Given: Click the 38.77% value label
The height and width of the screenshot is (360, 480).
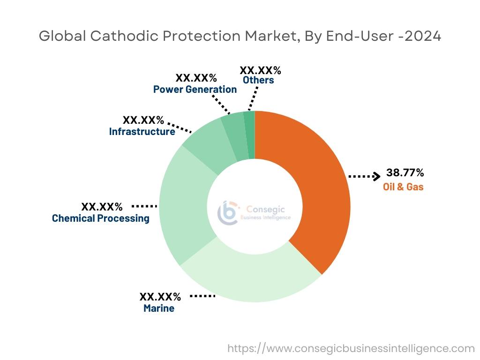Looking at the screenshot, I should click(405, 172).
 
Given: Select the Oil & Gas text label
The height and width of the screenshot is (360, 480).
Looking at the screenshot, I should click(403, 187).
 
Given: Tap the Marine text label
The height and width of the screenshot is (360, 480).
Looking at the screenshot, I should click(159, 308).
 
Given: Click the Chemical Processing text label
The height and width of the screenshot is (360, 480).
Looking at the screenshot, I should click(101, 218).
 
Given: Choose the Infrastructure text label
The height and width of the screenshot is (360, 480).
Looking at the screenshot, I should click(142, 132).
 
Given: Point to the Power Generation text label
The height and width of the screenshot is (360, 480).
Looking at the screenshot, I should click(195, 89).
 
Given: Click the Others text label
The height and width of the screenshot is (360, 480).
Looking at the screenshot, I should click(258, 80).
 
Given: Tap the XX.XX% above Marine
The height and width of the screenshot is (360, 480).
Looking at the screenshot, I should click(160, 296).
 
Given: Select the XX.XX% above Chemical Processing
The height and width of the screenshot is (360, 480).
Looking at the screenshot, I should click(102, 206).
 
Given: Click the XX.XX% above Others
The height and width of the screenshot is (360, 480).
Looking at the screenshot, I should click(260, 70).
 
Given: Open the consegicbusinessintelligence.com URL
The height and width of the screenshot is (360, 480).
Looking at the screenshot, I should click(351, 348).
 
